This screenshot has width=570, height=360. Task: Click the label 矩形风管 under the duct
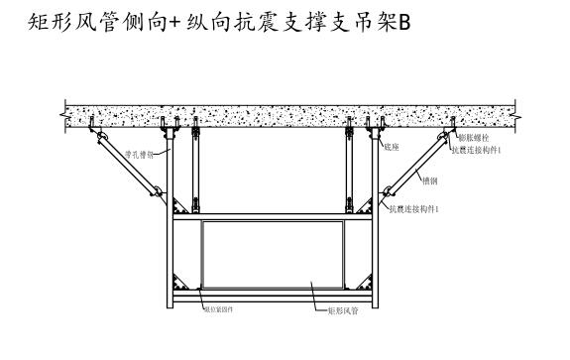(341, 309)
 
